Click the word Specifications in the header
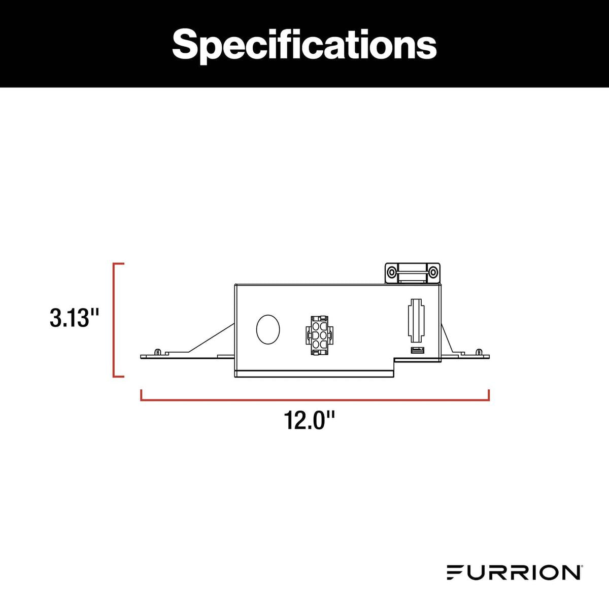[x=304, y=44]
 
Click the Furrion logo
[x=514, y=572]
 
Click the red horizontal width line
[x=315, y=400]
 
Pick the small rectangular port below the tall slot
[x=417, y=350]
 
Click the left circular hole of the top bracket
[x=392, y=273]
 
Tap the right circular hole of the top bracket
[x=433, y=273]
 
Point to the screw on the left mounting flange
[x=158, y=351]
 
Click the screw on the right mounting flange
[x=479, y=351]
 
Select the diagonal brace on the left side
[x=211, y=337]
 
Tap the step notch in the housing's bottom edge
[x=395, y=361]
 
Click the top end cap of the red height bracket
[x=119, y=264]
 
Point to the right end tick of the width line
[x=488, y=395]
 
